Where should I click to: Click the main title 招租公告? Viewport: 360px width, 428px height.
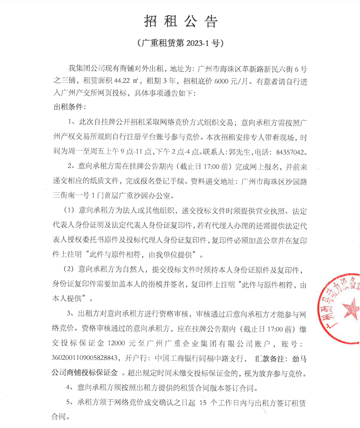tap(181, 21)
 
